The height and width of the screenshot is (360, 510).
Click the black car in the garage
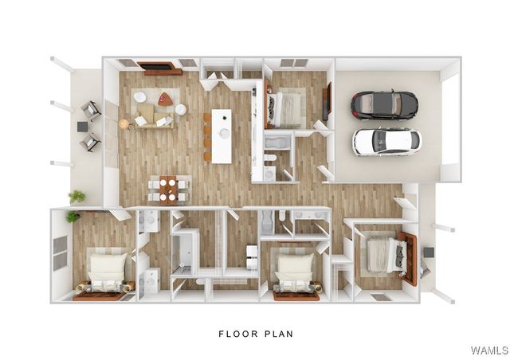tap(384, 104)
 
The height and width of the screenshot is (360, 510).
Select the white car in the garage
tap(386, 141)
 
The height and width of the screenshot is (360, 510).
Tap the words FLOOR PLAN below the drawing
tap(256, 334)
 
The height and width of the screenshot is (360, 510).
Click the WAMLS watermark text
tap(489, 350)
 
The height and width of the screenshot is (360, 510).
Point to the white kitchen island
tap(222, 135)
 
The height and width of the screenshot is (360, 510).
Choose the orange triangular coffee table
tap(165, 100)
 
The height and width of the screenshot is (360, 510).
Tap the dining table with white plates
tap(168, 189)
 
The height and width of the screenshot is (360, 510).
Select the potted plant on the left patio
tap(76, 196)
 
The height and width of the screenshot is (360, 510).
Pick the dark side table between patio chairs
tap(83, 126)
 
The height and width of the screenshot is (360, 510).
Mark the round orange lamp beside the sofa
tap(124, 123)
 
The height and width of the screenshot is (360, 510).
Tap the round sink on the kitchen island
tap(225, 133)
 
